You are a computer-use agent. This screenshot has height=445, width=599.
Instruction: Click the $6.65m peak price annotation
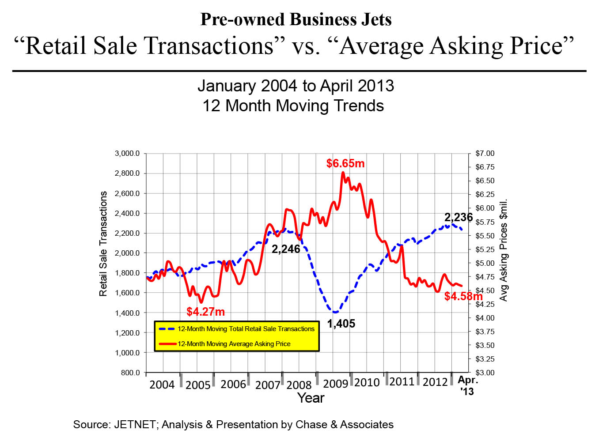coord(345,163)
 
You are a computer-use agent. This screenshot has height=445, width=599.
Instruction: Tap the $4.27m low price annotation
coord(205,312)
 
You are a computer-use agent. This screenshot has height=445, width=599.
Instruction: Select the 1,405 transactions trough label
coord(341,324)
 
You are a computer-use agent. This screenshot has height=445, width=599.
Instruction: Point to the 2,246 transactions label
coord(286,249)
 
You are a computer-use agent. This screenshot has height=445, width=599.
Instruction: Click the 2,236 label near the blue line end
coord(459,217)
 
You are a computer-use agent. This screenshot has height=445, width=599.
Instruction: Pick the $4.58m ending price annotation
coord(463,296)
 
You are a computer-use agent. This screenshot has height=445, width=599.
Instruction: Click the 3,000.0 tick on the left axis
coord(127,154)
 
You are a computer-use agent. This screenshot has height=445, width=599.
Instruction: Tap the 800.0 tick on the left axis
coord(130,373)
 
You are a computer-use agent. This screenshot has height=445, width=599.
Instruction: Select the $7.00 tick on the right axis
coord(485,154)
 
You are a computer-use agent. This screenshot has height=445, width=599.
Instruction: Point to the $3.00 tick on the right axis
coord(485,373)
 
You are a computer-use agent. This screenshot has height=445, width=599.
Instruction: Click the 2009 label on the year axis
coord(336,384)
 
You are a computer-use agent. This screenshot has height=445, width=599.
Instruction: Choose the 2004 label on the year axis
coord(162,385)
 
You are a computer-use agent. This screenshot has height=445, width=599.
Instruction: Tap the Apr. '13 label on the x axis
coord(467,385)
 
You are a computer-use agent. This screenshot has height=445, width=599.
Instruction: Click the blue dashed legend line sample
coord(167,329)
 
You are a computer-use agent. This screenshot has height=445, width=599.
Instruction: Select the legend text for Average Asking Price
coord(234,344)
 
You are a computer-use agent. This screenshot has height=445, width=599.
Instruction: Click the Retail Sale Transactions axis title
coord(103,244)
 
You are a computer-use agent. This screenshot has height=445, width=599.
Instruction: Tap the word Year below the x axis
coord(311,398)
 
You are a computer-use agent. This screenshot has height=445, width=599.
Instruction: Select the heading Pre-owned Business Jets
coord(296,19)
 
